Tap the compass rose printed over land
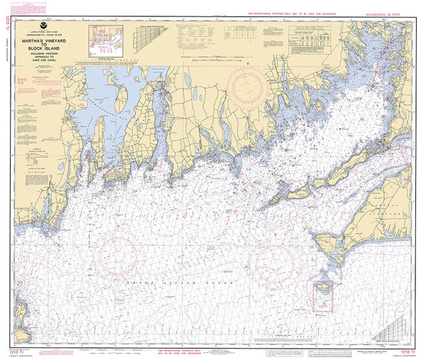pyautogui.click(x=247, y=87)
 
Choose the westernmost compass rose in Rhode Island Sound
pyautogui.click(x=116, y=253)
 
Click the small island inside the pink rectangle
pyautogui.click(x=324, y=288)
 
